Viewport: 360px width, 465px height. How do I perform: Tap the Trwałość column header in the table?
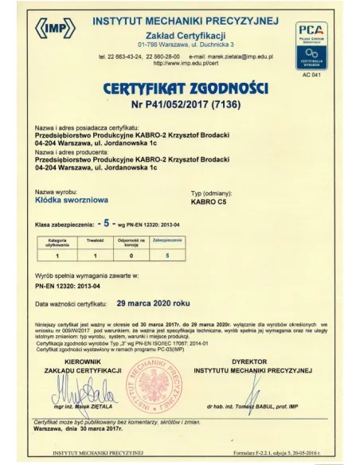pyautogui.click(x=96, y=239)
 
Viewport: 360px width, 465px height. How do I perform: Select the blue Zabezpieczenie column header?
pyautogui.click(x=167, y=239)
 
